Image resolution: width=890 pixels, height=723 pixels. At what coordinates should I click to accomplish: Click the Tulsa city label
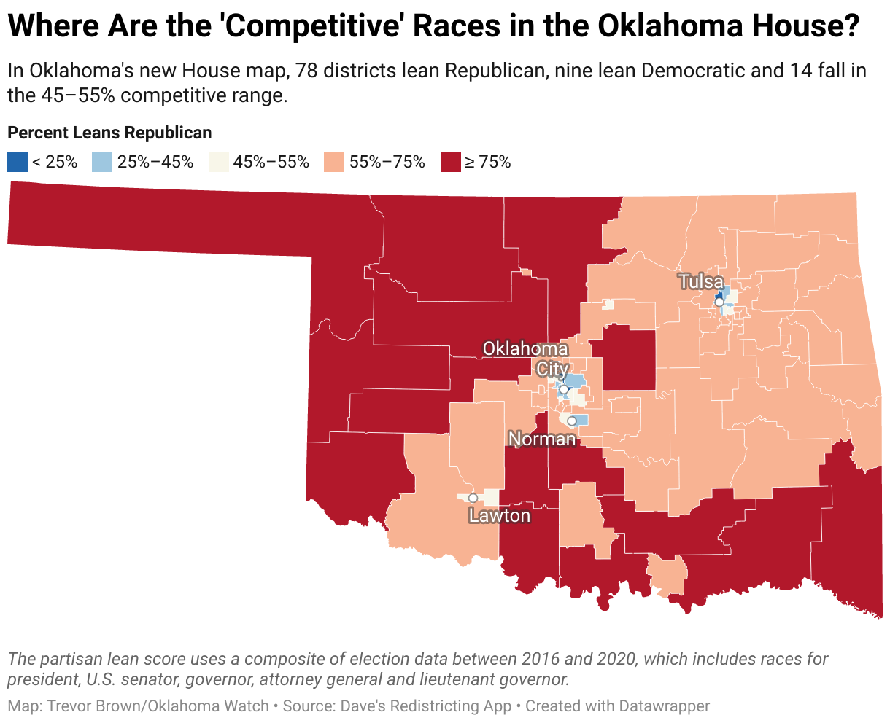[701, 282]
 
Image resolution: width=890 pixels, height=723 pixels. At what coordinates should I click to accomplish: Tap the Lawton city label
[500, 516]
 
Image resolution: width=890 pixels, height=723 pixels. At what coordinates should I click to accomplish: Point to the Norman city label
[542, 439]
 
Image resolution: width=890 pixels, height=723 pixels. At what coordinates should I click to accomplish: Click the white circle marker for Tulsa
[719, 302]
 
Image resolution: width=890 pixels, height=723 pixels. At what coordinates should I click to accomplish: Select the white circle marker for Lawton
[473, 498]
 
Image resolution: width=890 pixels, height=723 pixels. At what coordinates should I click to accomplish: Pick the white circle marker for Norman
[572, 421]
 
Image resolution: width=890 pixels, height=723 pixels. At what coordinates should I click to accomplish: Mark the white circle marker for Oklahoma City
[563, 389]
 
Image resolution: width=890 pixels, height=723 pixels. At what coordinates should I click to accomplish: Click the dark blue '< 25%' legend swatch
[18, 162]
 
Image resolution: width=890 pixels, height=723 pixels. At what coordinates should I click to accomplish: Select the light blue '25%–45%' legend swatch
[102, 162]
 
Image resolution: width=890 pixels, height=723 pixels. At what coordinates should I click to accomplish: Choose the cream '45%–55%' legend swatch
[218, 162]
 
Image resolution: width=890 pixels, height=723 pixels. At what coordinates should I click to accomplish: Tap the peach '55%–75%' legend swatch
[334, 162]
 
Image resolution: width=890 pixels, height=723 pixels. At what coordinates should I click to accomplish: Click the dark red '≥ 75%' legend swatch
[451, 162]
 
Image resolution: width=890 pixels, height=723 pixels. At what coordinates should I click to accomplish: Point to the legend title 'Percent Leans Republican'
[109, 133]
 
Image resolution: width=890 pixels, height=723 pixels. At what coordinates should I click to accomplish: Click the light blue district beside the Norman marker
[581, 420]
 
